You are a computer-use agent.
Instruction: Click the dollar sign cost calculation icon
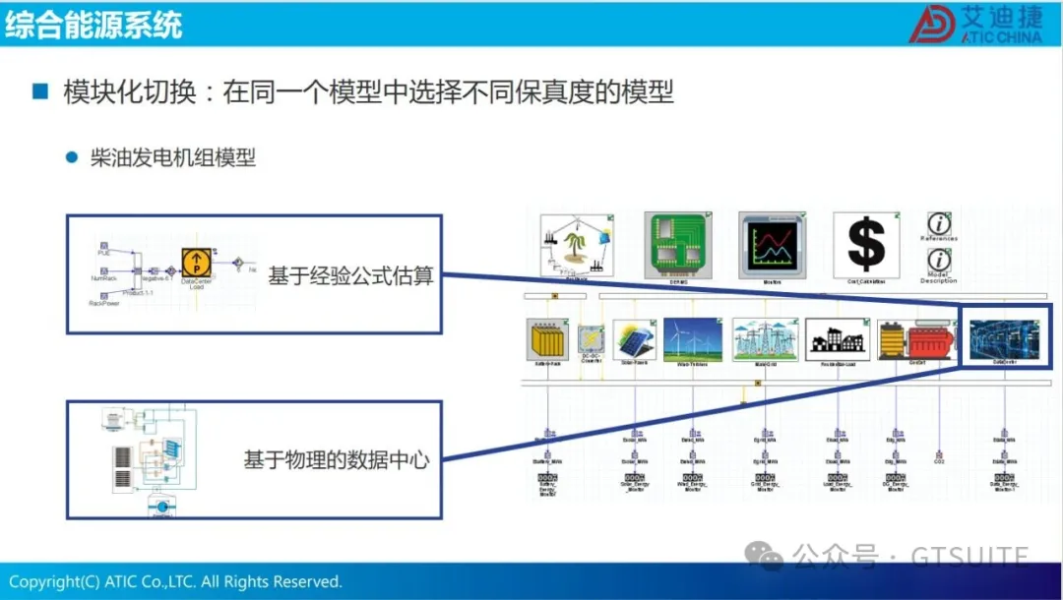(865, 242)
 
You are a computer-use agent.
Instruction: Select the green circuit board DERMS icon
(677, 242)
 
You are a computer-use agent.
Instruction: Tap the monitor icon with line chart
(771, 242)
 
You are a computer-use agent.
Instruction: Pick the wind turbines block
(692, 339)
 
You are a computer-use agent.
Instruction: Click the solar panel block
(635, 339)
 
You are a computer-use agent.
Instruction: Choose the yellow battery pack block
(548, 339)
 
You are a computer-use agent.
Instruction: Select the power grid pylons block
(761, 339)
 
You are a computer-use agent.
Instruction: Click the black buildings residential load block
(838, 339)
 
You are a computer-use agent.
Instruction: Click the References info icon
(940, 224)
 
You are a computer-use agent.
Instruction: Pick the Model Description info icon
(940, 261)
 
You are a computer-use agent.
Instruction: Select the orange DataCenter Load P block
(196, 263)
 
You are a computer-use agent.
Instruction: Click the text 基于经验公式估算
(350, 276)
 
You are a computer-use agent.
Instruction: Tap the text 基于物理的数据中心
(337, 458)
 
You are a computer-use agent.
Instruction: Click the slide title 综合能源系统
(94, 24)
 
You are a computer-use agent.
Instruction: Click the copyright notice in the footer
(175, 581)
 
